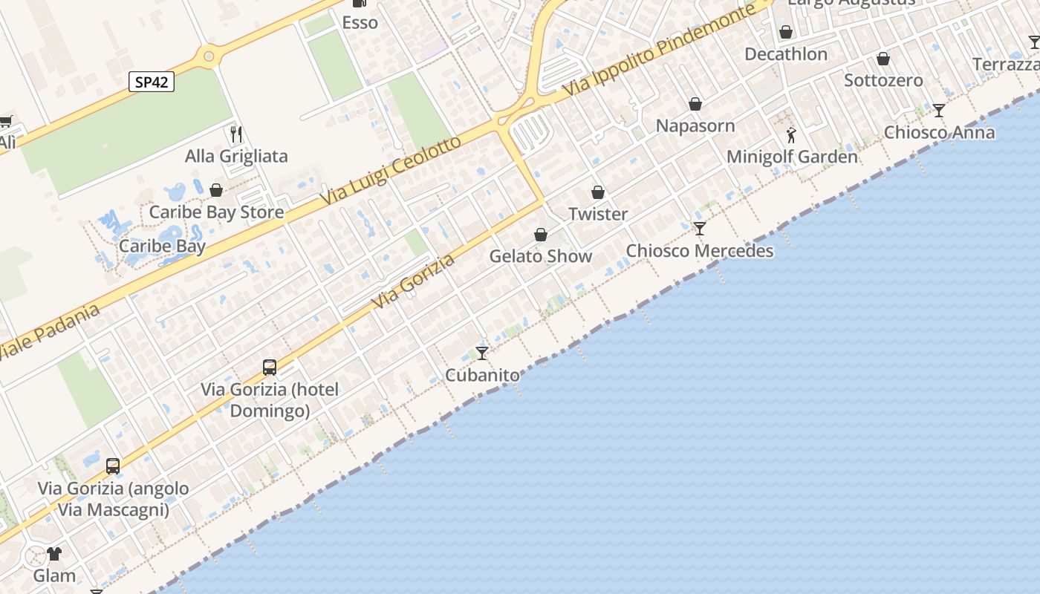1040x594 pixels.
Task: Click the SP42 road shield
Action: pyautogui.click(x=152, y=82)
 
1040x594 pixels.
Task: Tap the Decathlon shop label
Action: pyautogui.click(x=785, y=54)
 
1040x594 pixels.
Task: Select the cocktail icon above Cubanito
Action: pyautogui.click(x=482, y=353)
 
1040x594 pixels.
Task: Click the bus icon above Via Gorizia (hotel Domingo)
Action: pyautogui.click(x=270, y=367)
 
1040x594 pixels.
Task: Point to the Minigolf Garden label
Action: pyautogui.click(x=791, y=157)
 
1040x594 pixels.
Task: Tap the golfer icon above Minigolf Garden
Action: pyautogui.click(x=791, y=135)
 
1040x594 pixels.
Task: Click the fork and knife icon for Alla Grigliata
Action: pyautogui.click(x=236, y=134)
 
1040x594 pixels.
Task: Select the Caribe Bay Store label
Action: pyautogui.click(x=216, y=212)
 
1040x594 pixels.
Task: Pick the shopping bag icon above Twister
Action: pyautogui.click(x=598, y=192)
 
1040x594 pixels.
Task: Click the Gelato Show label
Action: pyautogui.click(x=540, y=256)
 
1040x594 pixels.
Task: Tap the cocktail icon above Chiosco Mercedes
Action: pyautogui.click(x=699, y=228)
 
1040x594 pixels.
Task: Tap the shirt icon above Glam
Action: pyautogui.click(x=54, y=553)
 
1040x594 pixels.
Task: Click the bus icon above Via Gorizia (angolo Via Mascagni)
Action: pyautogui.click(x=113, y=466)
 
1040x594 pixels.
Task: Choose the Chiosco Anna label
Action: pyautogui.click(x=939, y=133)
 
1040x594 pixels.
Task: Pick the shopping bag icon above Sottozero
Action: pyautogui.click(x=883, y=59)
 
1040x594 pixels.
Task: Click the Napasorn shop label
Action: pyautogui.click(x=695, y=125)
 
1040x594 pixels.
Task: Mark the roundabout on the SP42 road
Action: pyautogui.click(x=209, y=55)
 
